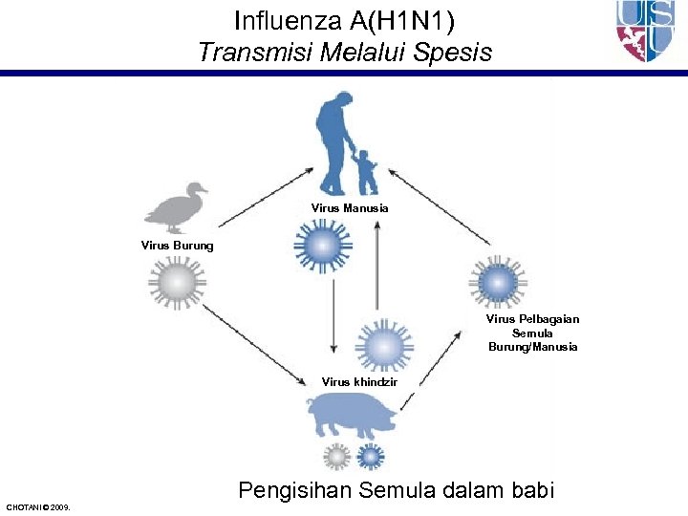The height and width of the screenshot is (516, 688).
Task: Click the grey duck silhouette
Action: [176, 208]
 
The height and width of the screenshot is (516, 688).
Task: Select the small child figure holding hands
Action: [365, 172]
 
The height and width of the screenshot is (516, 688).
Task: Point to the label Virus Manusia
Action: [350, 207]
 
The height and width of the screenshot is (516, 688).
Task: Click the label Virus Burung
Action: [177, 246]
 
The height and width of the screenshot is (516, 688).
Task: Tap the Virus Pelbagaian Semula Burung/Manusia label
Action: [532, 333]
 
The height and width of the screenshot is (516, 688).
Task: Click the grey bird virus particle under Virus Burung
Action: [179, 284]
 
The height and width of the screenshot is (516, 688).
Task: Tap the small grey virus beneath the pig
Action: [336, 457]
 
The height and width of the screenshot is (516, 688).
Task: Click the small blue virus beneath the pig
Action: [370, 457]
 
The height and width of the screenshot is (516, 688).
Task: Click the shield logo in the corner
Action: [647, 31]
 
